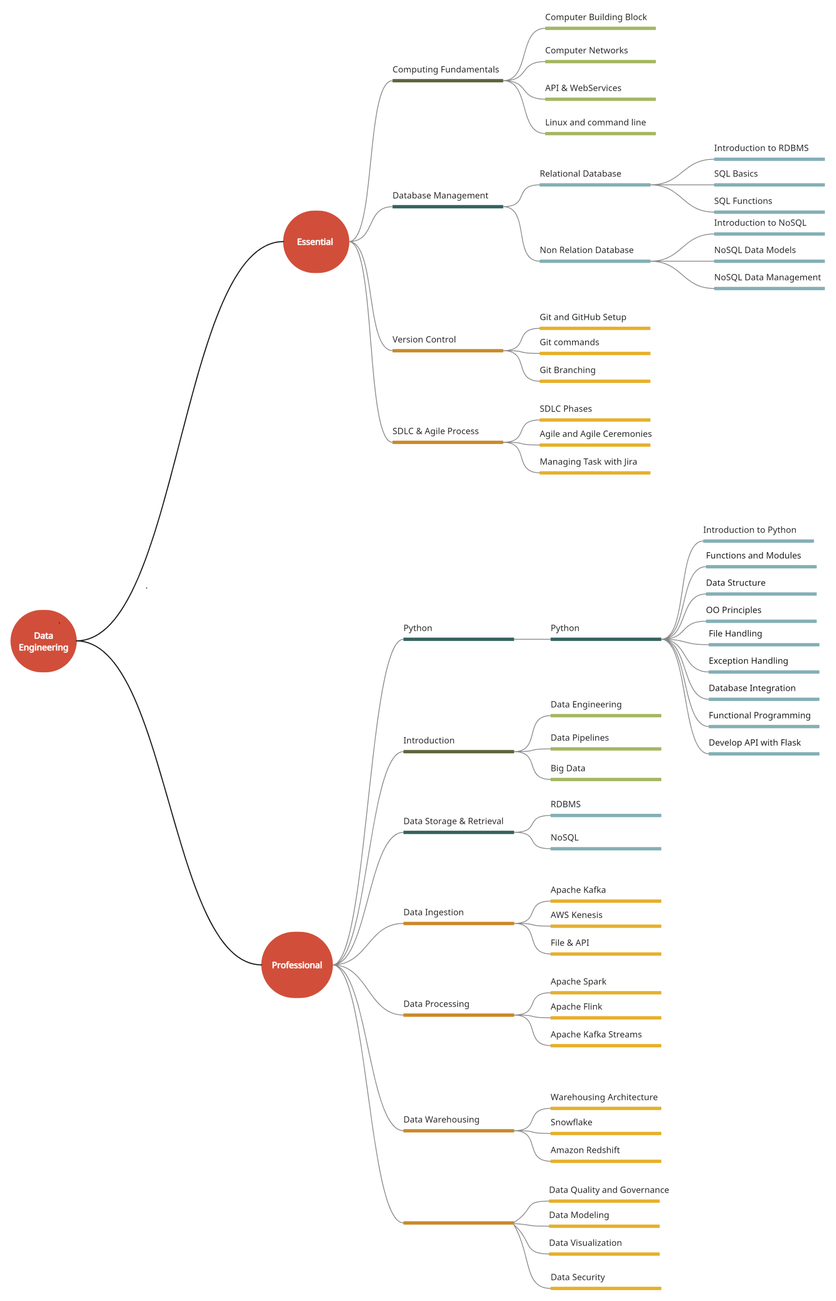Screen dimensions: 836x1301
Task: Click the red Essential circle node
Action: (x=316, y=242)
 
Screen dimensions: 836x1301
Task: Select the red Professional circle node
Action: (x=297, y=965)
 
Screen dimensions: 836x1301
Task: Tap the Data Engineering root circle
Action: (x=44, y=641)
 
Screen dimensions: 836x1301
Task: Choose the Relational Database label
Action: (x=580, y=174)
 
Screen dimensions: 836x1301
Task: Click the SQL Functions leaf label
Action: (x=743, y=201)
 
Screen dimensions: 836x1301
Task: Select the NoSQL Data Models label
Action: (x=755, y=250)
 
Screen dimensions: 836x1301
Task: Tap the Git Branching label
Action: (x=567, y=370)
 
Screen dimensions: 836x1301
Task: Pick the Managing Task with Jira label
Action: (x=588, y=462)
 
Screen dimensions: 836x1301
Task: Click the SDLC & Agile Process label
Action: (x=435, y=431)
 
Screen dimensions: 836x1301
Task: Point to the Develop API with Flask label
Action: (x=754, y=742)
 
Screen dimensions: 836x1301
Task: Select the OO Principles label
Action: (x=733, y=610)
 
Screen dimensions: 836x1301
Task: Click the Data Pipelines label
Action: (x=579, y=738)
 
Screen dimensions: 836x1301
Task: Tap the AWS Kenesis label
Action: (x=576, y=915)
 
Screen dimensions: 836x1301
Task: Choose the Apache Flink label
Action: (x=576, y=1006)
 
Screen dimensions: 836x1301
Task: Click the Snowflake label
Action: (x=571, y=1122)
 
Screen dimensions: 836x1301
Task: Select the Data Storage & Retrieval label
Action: (x=453, y=821)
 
